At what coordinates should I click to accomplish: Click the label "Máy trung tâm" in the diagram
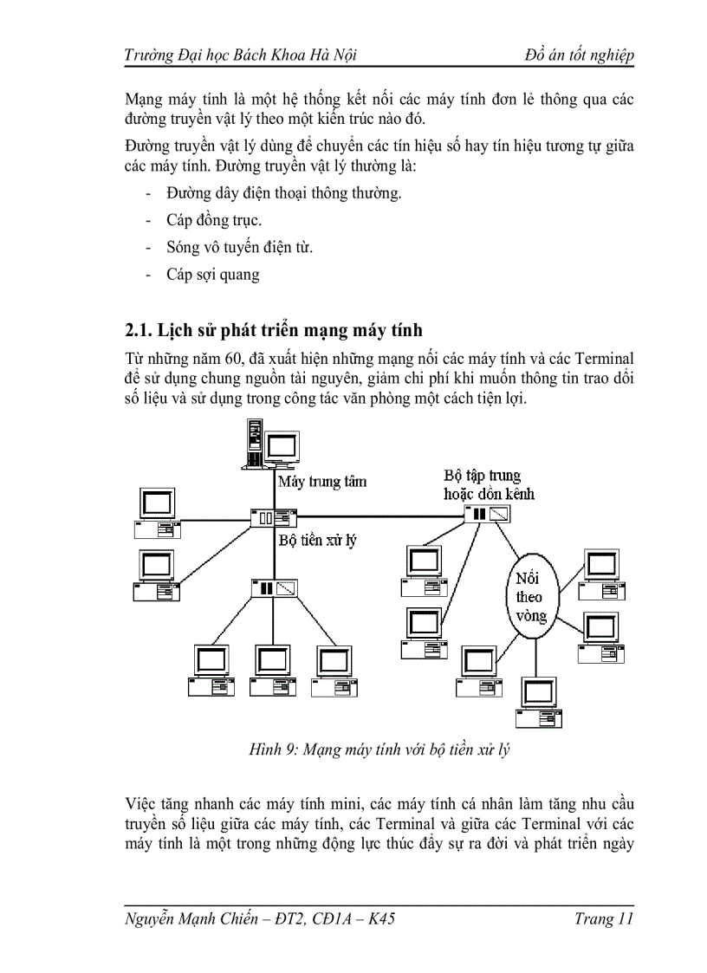[x=321, y=482]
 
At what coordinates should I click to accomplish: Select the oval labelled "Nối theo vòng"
[x=529, y=597]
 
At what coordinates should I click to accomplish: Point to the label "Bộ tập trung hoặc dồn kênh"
[x=489, y=484]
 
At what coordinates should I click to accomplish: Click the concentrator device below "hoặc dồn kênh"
[x=490, y=515]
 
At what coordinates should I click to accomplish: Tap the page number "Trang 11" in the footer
[x=604, y=919]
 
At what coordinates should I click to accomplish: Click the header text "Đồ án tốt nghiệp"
[x=580, y=55]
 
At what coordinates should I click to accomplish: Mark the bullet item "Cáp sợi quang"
[x=213, y=275]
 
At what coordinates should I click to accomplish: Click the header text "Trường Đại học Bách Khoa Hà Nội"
[x=241, y=55]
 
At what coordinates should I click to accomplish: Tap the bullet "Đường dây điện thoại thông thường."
[x=284, y=193]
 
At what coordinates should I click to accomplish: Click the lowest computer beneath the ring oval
[x=538, y=702]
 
